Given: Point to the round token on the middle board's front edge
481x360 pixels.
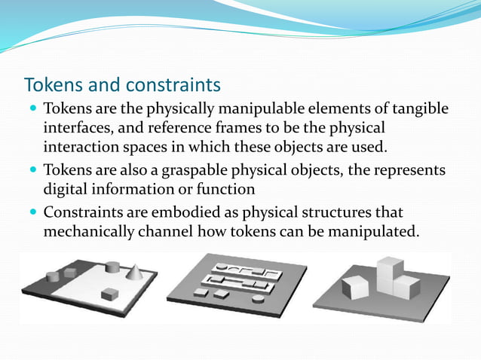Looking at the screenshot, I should (x=259, y=299).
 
